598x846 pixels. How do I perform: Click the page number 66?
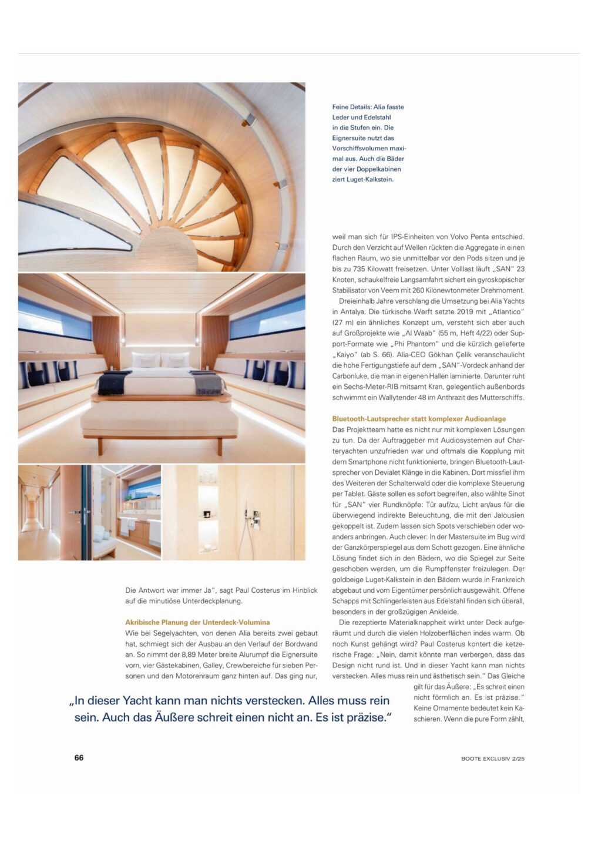pos(79,757)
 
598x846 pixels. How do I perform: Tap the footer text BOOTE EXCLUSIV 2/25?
pos(492,758)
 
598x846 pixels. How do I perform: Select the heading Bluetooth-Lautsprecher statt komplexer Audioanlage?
pos(419,419)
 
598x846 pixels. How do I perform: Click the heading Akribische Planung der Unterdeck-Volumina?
pos(197,622)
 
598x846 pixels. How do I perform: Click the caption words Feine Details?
pos(351,107)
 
